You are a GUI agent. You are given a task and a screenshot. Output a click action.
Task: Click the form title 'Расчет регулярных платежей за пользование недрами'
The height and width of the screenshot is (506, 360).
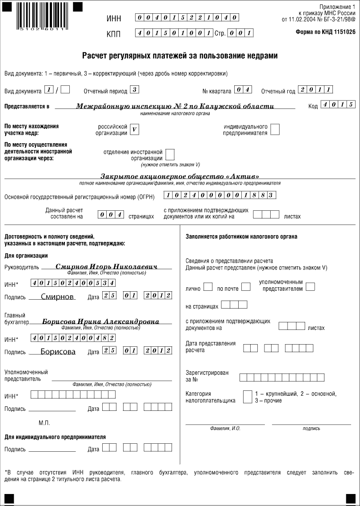click(180, 56)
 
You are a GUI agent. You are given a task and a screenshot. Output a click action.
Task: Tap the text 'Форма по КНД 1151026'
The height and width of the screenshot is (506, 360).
click(325, 32)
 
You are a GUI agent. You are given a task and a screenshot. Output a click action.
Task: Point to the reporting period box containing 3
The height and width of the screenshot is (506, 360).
click(135, 89)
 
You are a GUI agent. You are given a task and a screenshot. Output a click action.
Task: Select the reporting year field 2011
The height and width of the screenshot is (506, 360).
click(316, 89)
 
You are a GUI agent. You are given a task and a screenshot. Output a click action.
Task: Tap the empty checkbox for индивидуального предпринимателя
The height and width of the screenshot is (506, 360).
click(275, 129)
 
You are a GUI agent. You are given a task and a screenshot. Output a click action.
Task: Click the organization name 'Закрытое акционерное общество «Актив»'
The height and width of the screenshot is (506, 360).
click(180, 176)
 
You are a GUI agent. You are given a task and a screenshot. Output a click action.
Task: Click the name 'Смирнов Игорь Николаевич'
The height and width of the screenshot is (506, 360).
click(107, 266)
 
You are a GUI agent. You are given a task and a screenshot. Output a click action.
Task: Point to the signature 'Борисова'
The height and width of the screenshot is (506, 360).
click(58, 352)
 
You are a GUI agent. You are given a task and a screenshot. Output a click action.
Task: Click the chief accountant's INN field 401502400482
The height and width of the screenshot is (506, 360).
click(73, 338)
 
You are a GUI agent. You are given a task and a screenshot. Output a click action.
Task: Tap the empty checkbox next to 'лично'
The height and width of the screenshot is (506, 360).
click(208, 287)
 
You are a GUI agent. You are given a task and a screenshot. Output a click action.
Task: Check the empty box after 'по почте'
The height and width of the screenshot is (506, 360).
click(246, 287)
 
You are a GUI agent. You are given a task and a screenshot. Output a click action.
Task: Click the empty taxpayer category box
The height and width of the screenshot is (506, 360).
click(248, 397)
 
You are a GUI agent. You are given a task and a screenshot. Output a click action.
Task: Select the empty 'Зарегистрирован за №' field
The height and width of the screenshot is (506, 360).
click(282, 377)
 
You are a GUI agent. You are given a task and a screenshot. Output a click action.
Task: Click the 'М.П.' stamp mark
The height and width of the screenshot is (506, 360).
click(44, 423)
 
